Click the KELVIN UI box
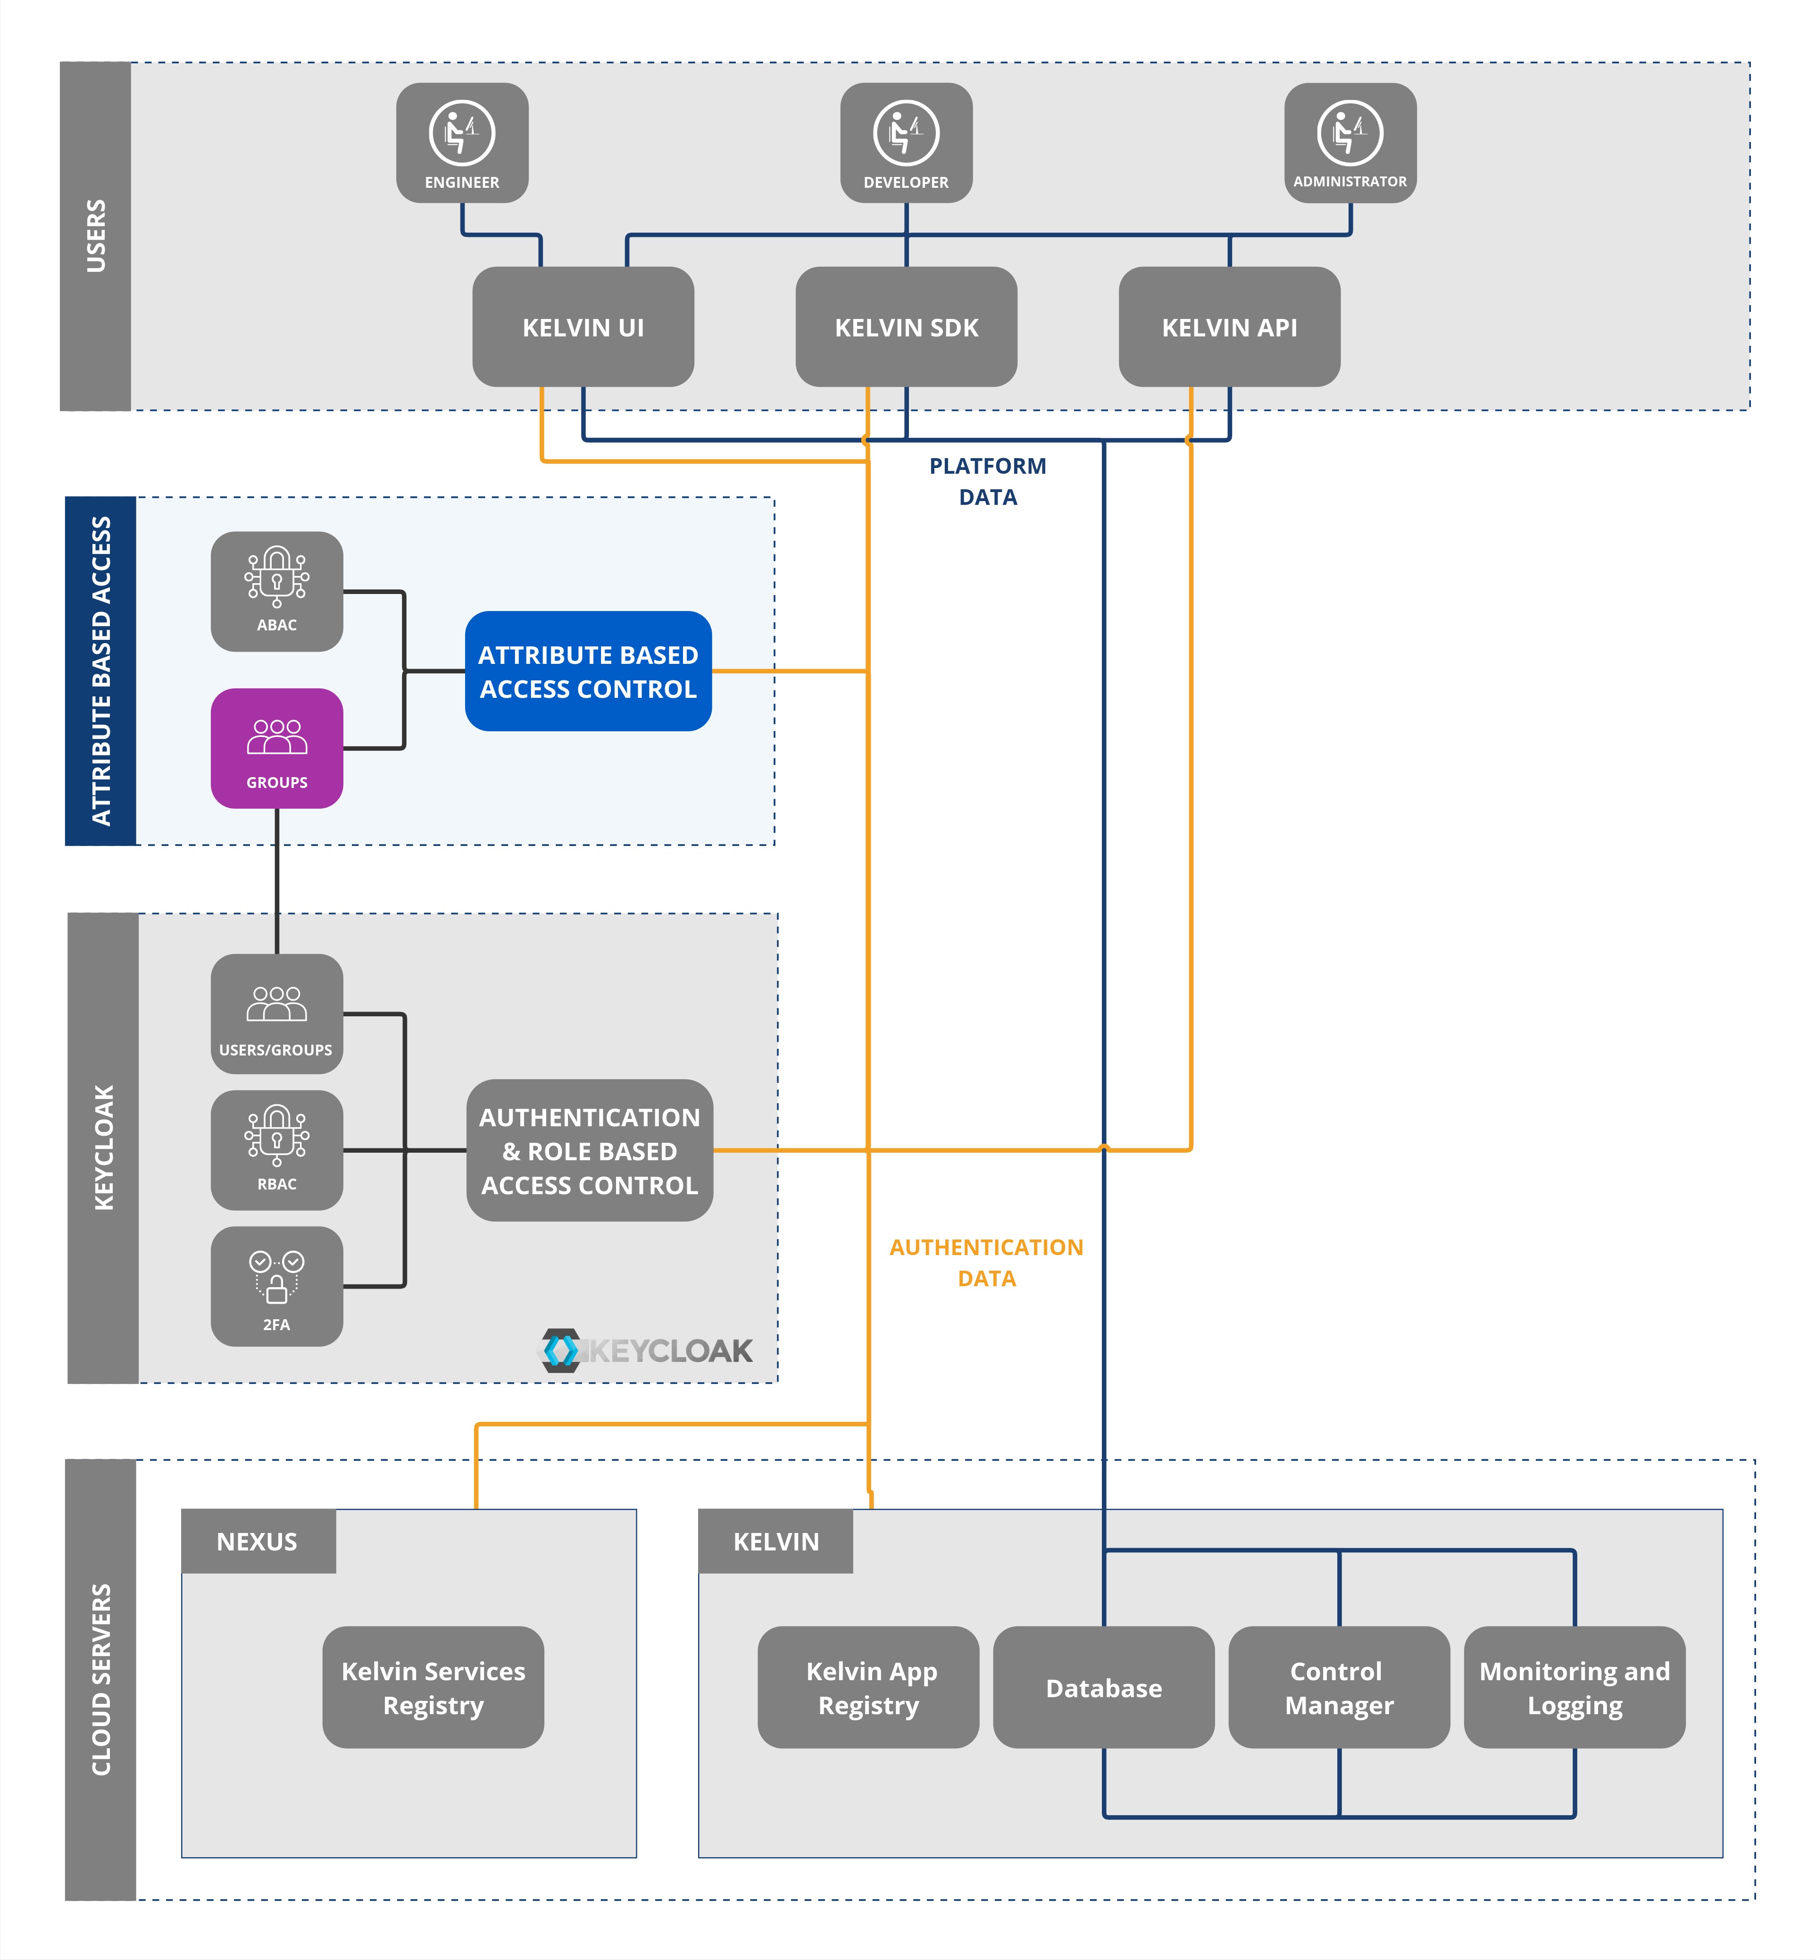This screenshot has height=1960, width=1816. pos(583,327)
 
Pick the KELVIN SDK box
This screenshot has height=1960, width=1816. pos(906,327)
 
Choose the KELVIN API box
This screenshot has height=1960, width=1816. pos(1229,327)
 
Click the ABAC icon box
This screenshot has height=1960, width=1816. pos(277,592)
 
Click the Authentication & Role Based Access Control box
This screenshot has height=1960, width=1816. pos(590,1151)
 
